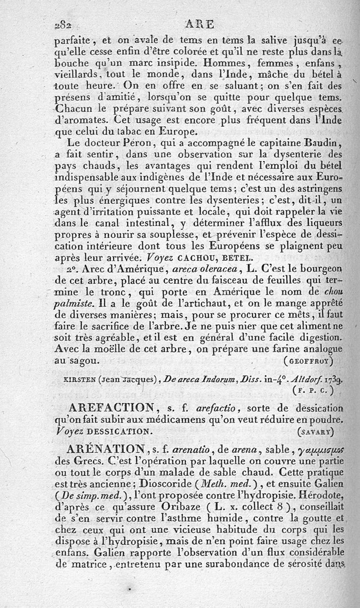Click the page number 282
point(63,24)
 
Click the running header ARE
point(200,24)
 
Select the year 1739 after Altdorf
point(333,378)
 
